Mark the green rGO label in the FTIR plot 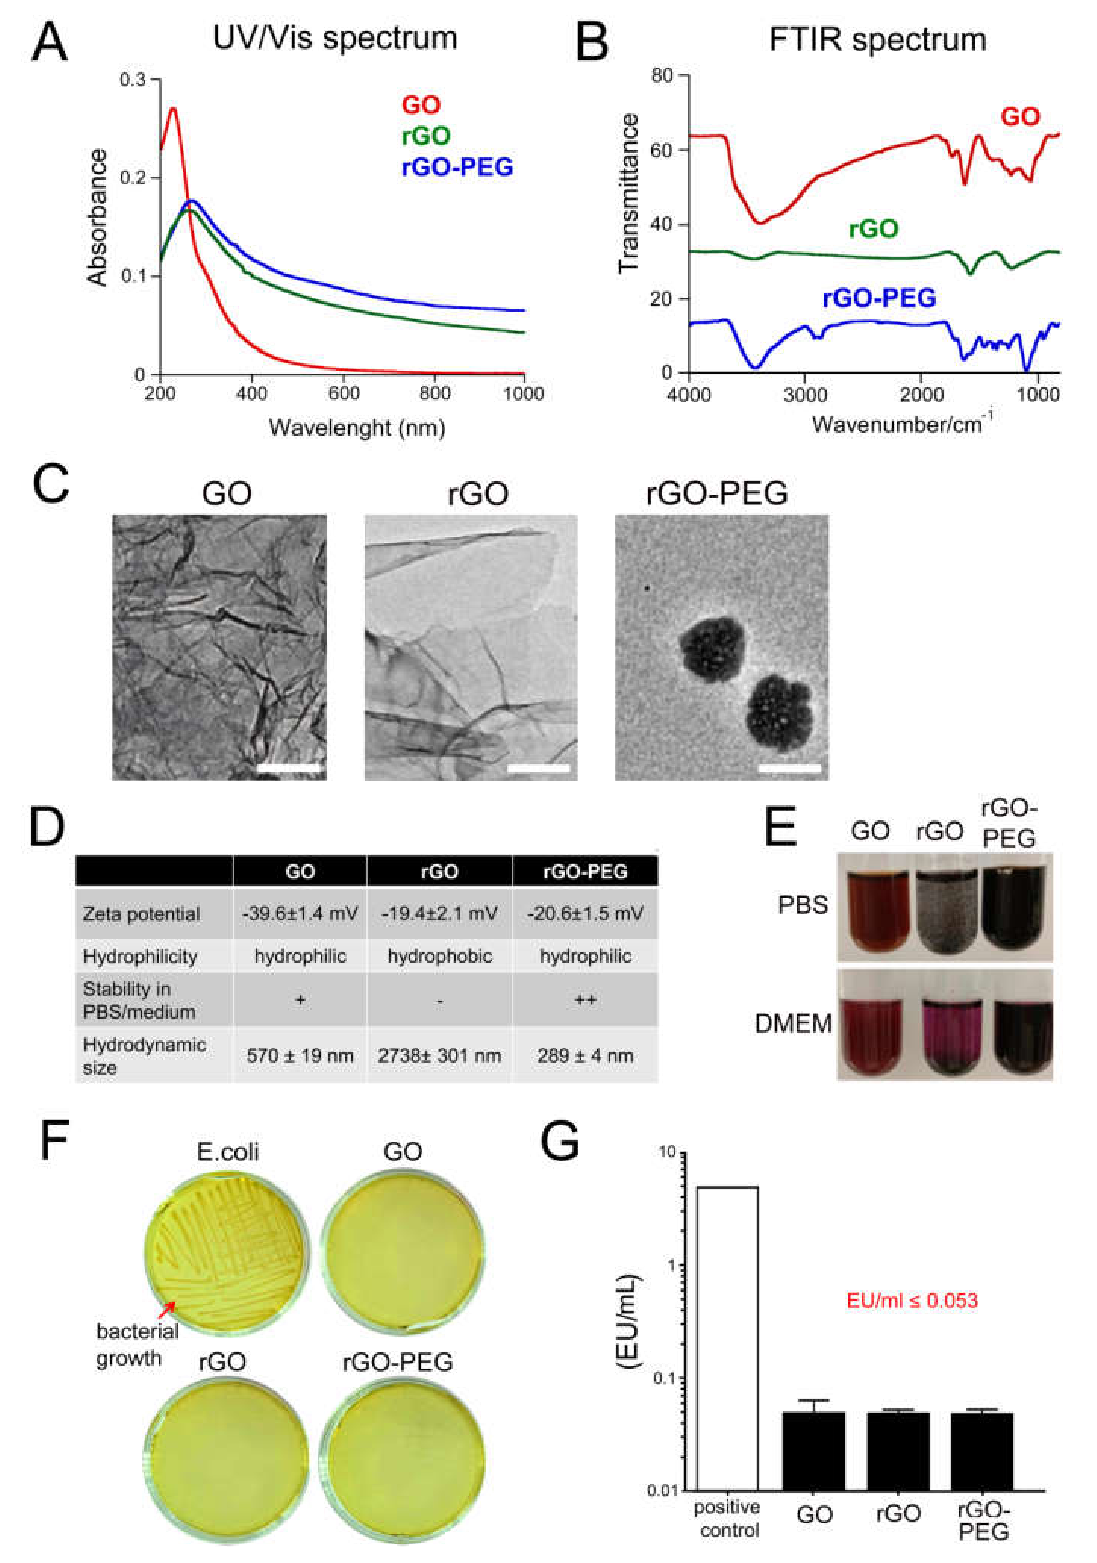[x=873, y=229]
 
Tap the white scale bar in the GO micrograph [x=289, y=769]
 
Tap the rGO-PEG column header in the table [x=585, y=871]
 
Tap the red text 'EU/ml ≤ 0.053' [x=912, y=1300]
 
